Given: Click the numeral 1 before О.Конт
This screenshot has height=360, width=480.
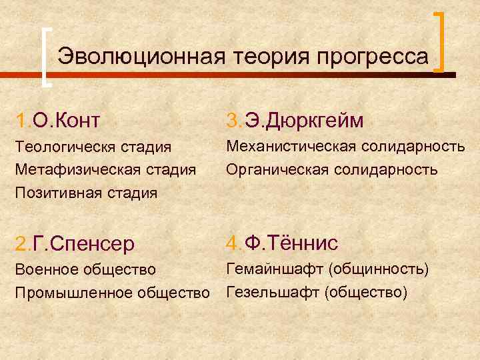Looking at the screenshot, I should click(x=22, y=120).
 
